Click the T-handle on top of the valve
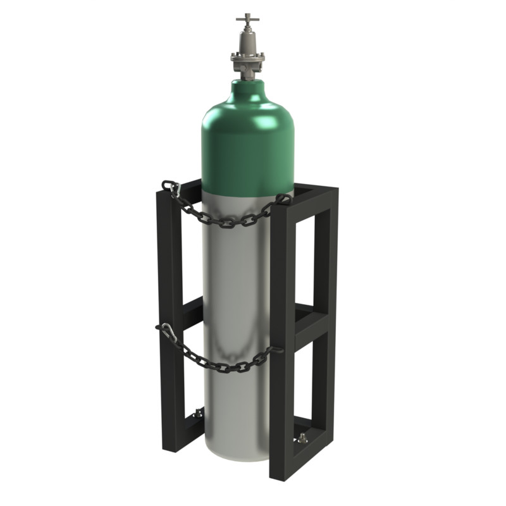click(247, 20)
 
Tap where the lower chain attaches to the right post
click(276, 349)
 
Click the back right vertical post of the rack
click(326, 285)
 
